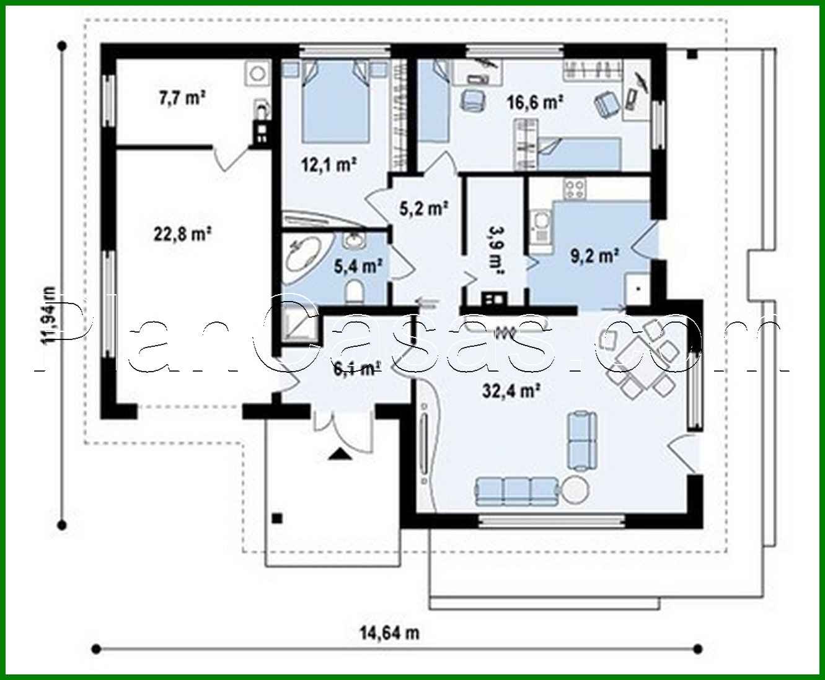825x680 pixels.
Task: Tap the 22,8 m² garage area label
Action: tap(182, 234)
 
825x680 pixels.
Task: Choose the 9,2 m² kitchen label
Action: tap(594, 255)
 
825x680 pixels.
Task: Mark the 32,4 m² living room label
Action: tap(511, 390)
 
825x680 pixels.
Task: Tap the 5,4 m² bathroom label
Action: tap(358, 266)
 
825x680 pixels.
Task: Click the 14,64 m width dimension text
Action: tap(389, 632)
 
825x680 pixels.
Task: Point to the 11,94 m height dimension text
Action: tap(48, 315)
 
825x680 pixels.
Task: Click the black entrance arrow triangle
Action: tap(338, 455)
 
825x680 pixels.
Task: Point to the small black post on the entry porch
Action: tap(277, 518)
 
